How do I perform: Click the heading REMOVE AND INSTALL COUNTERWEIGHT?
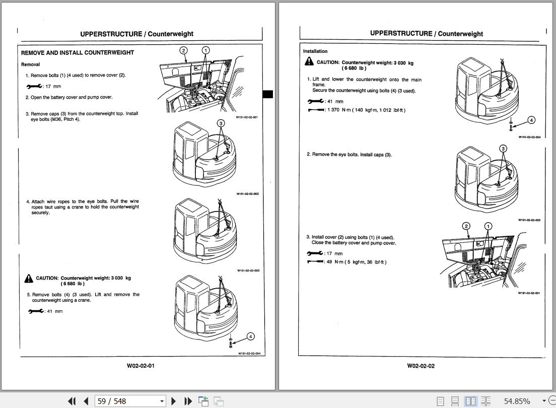coord(78,52)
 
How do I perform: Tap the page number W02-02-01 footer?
coord(141,366)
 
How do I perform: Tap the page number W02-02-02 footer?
coord(421,366)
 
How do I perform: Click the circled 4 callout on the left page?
coord(251,336)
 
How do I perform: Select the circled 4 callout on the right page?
coord(531,120)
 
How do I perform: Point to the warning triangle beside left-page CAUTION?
coord(28,279)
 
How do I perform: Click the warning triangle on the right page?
coord(309,61)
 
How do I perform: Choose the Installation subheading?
coord(315,51)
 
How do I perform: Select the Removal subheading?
coord(30,64)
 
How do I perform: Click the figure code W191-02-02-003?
coord(249,270)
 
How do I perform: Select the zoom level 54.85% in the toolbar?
coord(517,401)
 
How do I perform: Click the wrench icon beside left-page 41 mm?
coord(35,311)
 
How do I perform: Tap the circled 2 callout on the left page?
coord(183,50)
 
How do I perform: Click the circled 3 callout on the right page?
coord(503,149)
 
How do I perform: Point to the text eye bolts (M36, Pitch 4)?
coord(55,119)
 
